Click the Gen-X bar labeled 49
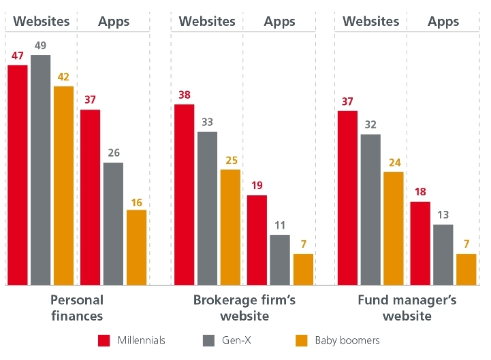click(x=41, y=170)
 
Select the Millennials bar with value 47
click(x=18, y=175)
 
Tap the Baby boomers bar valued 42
click(x=63, y=185)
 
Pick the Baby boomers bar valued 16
click(x=137, y=248)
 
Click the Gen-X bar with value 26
click(x=114, y=224)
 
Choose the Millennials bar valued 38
click(x=185, y=195)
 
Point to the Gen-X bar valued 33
click(x=208, y=208)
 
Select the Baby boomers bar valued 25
click(x=231, y=227)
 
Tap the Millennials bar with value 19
click(x=257, y=240)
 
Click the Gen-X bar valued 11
click(x=280, y=260)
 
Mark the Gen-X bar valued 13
click(x=443, y=255)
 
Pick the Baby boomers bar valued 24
click(x=394, y=229)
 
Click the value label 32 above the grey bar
click(x=370, y=125)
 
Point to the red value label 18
click(x=420, y=192)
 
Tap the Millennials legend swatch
click(x=105, y=340)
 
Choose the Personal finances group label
click(x=77, y=308)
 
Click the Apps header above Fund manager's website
click(x=443, y=21)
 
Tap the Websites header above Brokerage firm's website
click(x=208, y=21)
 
